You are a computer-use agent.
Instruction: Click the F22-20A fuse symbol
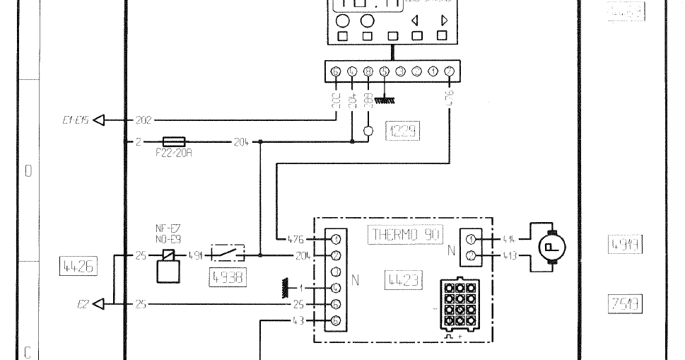coord(174,141)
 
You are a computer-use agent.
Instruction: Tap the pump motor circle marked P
coord(551,247)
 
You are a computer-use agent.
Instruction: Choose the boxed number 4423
coord(402,279)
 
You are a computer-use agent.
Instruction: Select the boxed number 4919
coord(625,245)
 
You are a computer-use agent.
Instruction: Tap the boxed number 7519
coord(625,303)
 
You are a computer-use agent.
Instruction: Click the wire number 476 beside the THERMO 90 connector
coord(297,239)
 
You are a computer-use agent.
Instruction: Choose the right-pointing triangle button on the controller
coord(443,21)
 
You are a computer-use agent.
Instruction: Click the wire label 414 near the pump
coord(507,240)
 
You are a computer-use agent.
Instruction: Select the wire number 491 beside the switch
coord(195,255)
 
